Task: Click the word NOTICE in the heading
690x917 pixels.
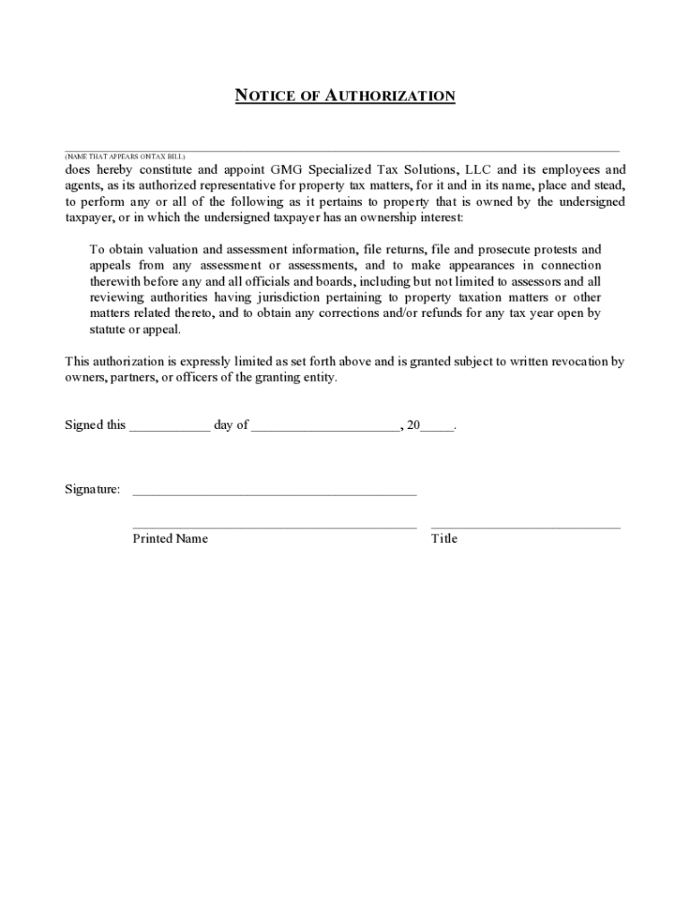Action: pyautogui.click(x=264, y=96)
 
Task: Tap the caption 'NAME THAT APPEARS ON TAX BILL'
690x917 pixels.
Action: pyautogui.click(x=125, y=157)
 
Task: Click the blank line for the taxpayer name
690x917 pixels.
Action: pyautogui.click(x=341, y=149)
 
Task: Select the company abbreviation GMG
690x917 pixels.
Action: pyautogui.click(x=287, y=169)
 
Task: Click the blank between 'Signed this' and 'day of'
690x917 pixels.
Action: pyautogui.click(x=169, y=427)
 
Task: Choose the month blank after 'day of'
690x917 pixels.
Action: pyautogui.click(x=325, y=427)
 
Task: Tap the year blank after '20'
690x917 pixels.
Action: pyautogui.click(x=437, y=427)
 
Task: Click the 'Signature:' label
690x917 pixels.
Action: pyautogui.click(x=92, y=490)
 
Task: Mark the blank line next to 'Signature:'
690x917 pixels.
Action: pyautogui.click(x=274, y=492)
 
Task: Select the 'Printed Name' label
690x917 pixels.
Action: pyautogui.click(x=170, y=538)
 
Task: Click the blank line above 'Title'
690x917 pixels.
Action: pyautogui.click(x=525, y=526)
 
